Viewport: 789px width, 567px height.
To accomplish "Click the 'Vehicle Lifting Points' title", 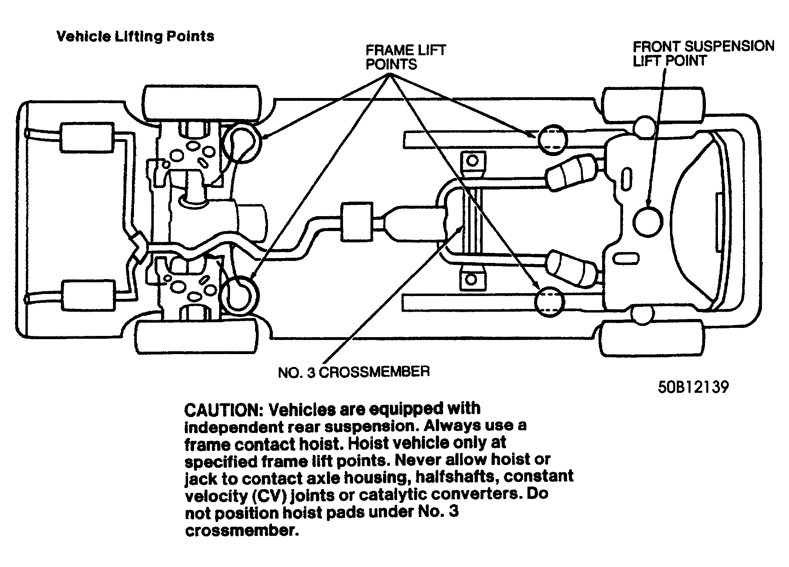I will coord(135,36).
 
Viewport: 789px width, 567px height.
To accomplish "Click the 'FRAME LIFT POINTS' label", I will coord(405,57).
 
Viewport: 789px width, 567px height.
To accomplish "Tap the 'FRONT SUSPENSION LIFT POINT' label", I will coord(703,53).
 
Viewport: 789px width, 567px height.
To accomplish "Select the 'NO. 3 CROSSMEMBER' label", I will coord(354,372).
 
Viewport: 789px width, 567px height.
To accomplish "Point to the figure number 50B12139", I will coord(693,387).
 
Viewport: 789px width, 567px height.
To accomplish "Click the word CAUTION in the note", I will coord(223,410).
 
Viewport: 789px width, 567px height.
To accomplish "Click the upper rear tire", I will coord(201,103).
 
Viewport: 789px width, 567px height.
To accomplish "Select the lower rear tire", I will coord(197,338).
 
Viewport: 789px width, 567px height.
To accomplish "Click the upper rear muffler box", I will coord(87,137).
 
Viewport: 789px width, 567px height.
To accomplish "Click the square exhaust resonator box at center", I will coord(356,222).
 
